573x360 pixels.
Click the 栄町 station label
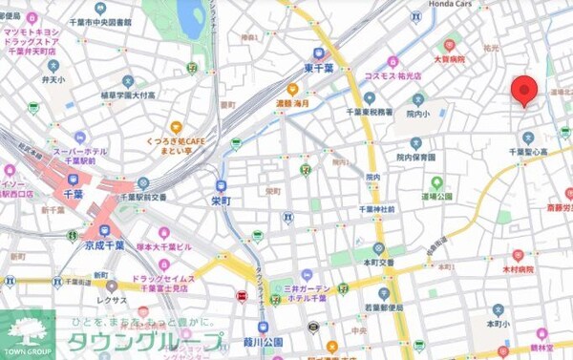221,201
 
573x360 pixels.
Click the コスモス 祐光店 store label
390,75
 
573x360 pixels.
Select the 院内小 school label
417,114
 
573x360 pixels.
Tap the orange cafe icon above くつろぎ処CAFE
176,126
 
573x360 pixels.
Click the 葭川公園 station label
263,341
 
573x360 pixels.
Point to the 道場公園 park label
437,197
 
